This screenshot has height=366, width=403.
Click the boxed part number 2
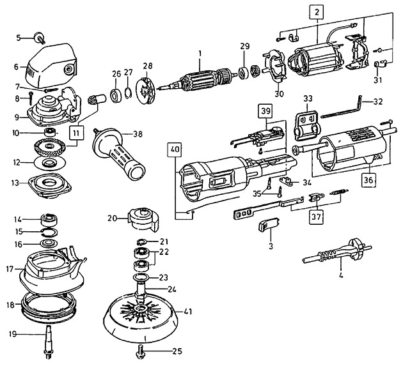click(x=317, y=12)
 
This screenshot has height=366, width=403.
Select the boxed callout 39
click(x=266, y=111)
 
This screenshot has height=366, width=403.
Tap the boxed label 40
click(x=175, y=149)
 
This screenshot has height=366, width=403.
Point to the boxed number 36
click(x=368, y=180)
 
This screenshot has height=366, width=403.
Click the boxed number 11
click(x=77, y=133)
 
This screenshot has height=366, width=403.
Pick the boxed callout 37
click(x=317, y=217)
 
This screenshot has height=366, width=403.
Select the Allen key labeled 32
click(x=342, y=108)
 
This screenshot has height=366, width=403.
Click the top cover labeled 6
click(x=51, y=65)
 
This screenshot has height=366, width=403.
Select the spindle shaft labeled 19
click(x=49, y=342)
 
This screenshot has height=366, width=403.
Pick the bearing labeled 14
click(x=50, y=220)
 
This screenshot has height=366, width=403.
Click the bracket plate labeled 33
click(x=307, y=125)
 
